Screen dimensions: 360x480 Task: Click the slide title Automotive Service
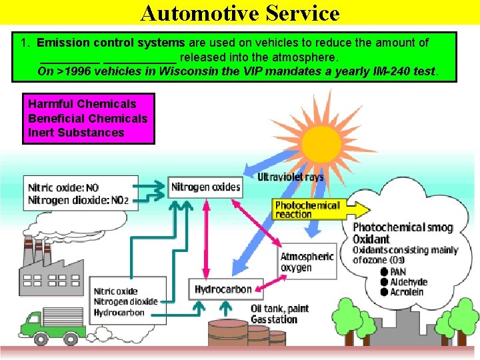(240, 13)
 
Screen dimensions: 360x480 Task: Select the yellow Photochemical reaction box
(307, 209)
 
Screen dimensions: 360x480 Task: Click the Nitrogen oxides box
(205, 187)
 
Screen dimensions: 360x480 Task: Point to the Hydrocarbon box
(223, 289)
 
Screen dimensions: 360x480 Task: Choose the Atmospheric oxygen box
(307, 262)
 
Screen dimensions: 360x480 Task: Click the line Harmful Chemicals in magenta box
(82, 104)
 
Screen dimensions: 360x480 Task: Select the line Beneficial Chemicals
(87, 119)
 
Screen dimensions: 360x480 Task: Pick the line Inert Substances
(76, 133)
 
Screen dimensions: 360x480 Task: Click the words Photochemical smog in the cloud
(403, 228)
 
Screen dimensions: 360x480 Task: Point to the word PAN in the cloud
(398, 272)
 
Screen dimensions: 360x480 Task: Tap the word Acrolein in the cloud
(407, 292)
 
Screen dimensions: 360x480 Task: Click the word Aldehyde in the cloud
(409, 282)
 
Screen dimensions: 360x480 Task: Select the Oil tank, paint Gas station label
(279, 314)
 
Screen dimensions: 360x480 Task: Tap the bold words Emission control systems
(111, 43)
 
